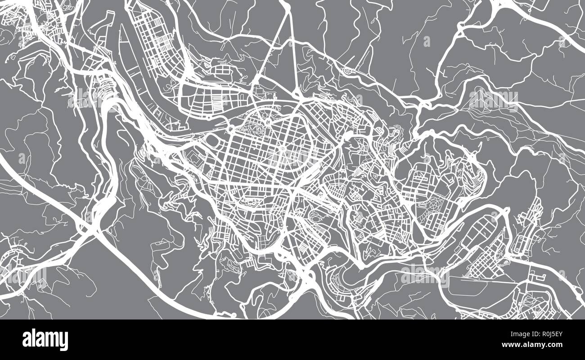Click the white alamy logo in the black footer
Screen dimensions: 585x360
click(x=45, y=340)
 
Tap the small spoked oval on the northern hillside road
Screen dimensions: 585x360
click(x=349, y=71)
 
